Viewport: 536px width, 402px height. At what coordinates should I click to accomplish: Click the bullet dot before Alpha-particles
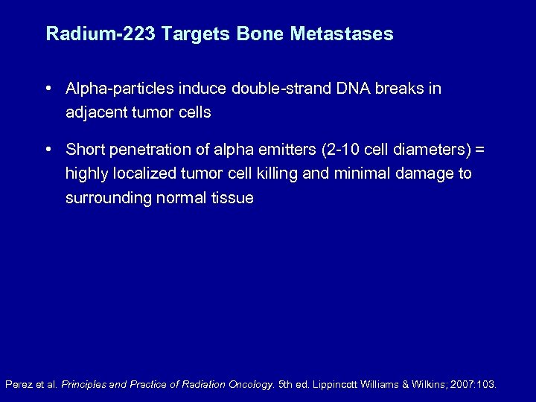[x=48, y=89]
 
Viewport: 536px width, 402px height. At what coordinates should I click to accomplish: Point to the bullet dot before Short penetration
[x=48, y=150]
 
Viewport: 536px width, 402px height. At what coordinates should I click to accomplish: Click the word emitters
[x=286, y=150]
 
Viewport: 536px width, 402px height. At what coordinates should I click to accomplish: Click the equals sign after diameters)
[x=479, y=150]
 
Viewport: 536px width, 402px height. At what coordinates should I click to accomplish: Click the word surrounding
[x=109, y=198]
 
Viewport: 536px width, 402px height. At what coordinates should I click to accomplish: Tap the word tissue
[x=232, y=198]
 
